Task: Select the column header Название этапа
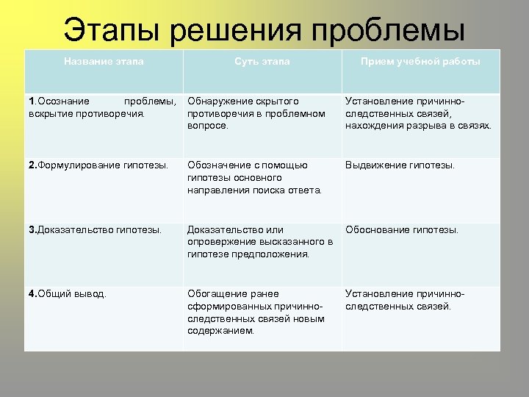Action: pos(104,62)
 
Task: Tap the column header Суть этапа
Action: pos(262,62)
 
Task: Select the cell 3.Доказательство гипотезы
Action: pos(96,229)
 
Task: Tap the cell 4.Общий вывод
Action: pos(68,293)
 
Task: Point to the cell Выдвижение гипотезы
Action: pos(400,165)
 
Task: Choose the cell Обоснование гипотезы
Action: pos(402,229)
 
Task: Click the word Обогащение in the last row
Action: pos(217,293)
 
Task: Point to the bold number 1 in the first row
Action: pos(31,101)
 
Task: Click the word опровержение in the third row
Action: pos(223,242)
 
